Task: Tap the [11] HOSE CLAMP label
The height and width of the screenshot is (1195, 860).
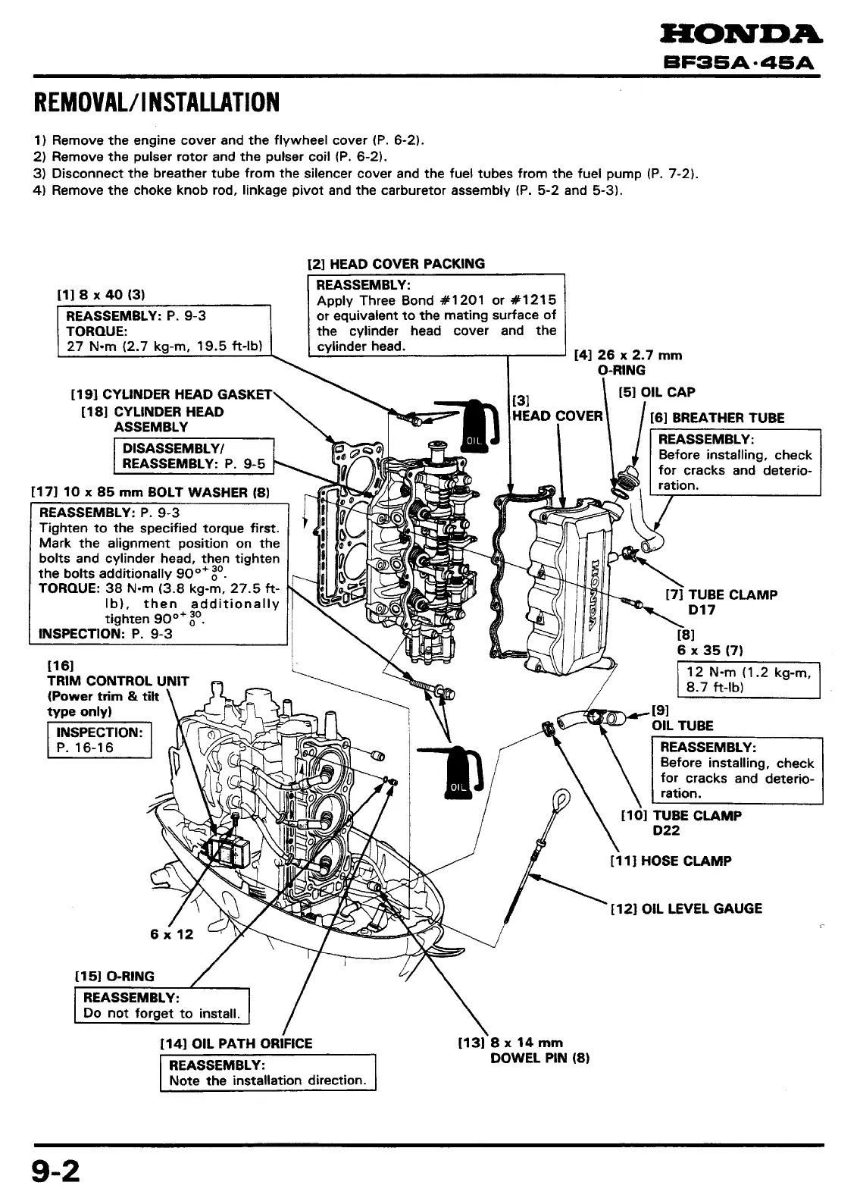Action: pos(671,861)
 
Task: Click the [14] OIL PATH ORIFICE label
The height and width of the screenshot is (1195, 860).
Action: pos(236,1043)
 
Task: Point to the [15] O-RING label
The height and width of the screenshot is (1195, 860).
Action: pos(114,976)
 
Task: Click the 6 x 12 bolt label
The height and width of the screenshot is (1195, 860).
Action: pos(172,934)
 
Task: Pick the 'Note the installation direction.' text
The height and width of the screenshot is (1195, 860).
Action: pos(268,1081)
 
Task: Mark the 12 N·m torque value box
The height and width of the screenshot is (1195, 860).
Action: pos(748,679)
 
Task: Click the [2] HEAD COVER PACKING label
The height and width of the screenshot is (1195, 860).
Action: pos(396,264)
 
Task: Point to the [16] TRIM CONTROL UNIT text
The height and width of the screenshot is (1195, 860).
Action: pos(118,681)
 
